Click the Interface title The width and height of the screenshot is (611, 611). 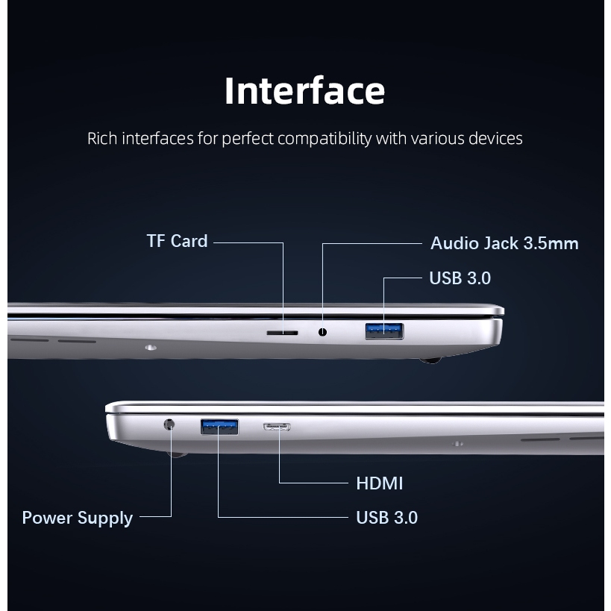tap(304, 90)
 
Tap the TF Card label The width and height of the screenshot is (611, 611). tap(177, 241)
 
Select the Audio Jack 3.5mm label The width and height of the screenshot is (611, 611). tap(504, 243)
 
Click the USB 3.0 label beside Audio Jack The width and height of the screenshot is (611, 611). tap(460, 278)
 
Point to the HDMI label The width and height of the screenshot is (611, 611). tap(380, 483)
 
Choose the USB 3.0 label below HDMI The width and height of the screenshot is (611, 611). tap(387, 518)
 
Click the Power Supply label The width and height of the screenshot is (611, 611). tap(78, 518)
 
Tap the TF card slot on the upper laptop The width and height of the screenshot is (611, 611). tap(282, 333)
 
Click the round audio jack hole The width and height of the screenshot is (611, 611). tap(322, 332)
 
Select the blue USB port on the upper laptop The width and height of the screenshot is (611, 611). tap(384, 331)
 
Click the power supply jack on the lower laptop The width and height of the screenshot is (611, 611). tap(169, 424)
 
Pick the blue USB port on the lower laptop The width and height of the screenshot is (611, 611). tap(219, 427)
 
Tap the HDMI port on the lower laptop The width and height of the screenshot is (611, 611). tap(277, 427)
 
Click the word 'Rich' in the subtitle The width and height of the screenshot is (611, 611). tap(102, 139)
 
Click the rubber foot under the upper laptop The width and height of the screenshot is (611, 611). tap(430, 360)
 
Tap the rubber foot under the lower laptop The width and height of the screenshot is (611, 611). tap(177, 455)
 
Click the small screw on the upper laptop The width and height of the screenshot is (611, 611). tap(151, 347)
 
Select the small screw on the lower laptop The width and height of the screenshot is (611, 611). tap(457, 444)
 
